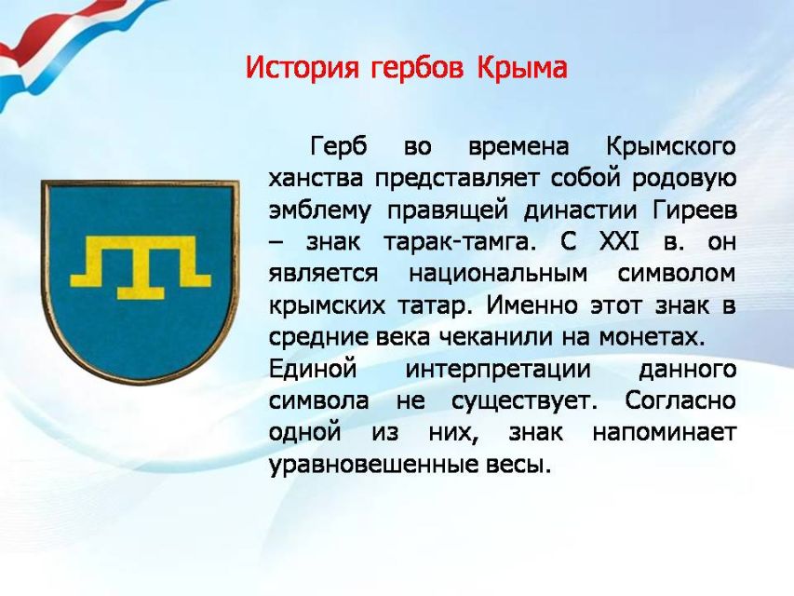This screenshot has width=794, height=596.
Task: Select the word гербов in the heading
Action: point(417,69)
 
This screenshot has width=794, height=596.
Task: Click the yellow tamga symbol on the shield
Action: point(141,266)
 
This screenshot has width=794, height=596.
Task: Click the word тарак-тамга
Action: point(459,242)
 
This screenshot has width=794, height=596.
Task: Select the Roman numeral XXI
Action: point(619,241)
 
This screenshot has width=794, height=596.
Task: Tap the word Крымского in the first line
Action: point(670,147)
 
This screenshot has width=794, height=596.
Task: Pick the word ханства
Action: point(316,179)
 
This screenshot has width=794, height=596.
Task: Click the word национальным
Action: point(498,274)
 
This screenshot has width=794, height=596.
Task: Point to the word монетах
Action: point(652,337)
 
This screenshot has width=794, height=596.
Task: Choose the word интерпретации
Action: point(498,370)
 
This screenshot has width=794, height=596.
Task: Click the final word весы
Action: point(518,465)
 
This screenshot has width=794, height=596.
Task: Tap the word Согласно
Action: point(680,400)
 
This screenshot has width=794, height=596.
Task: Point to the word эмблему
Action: point(319,211)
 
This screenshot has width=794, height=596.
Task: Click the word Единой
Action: point(313,369)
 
